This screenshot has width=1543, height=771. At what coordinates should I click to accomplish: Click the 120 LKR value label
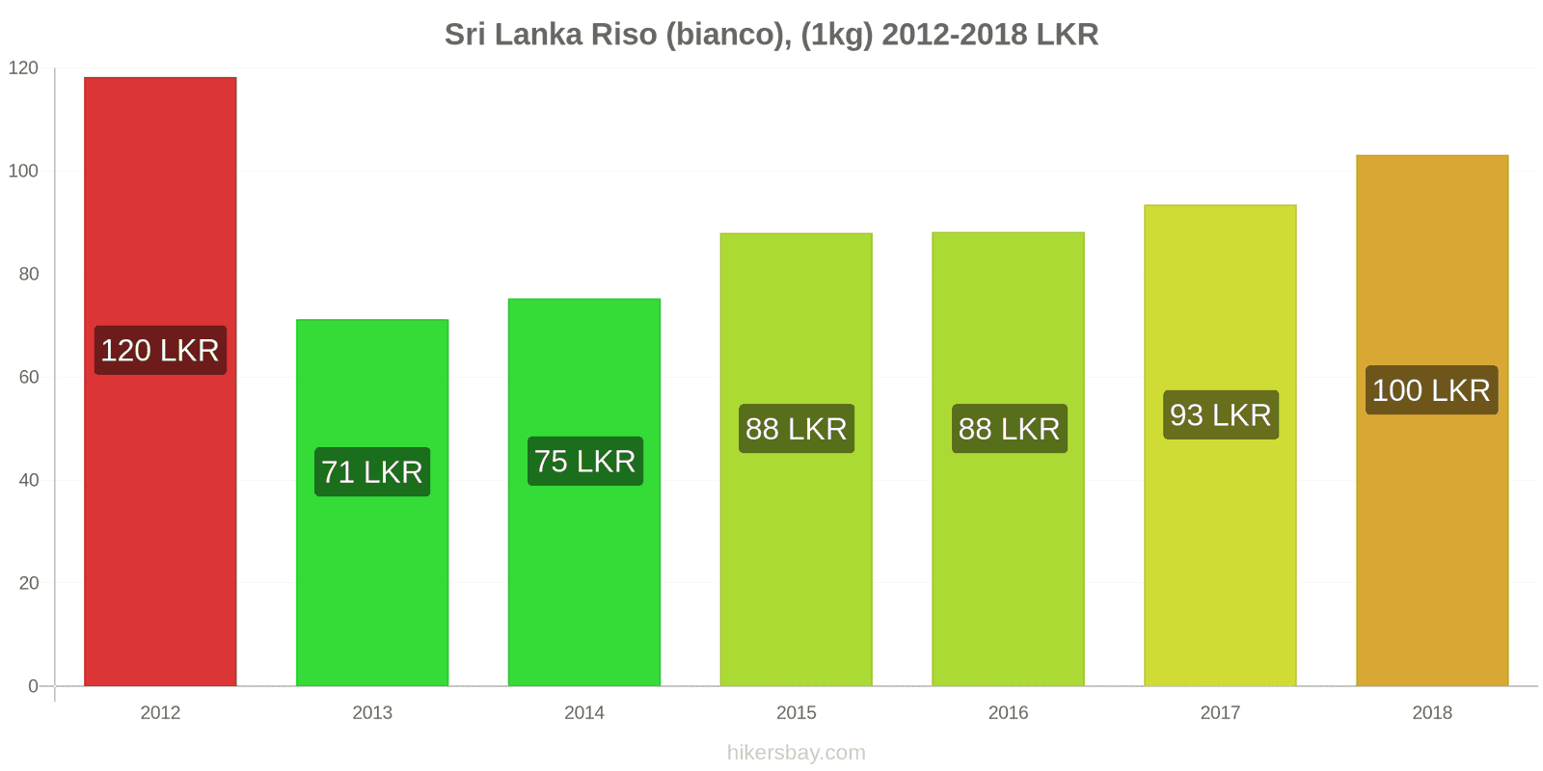coord(160,350)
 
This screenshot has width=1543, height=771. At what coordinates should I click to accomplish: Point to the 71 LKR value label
coord(372,472)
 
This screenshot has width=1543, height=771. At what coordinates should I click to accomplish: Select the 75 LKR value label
coord(584,462)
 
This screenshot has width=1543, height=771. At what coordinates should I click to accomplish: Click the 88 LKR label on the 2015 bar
coord(797,429)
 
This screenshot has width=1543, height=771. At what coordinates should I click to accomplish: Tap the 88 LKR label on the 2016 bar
coord(1009,429)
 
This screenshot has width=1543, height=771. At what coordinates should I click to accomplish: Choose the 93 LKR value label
coord(1220,415)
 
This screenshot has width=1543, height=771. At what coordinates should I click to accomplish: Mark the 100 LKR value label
coord(1431,390)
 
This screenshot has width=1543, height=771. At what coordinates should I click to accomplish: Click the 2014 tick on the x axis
coord(584,713)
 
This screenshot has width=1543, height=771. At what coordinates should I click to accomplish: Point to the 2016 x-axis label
coord(1008,713)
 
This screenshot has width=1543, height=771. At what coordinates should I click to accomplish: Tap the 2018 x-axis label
coord(1432,713)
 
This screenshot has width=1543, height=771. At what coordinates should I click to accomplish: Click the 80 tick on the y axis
coord(29,274)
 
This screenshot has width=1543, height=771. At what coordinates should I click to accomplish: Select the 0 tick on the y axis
coord(34,686)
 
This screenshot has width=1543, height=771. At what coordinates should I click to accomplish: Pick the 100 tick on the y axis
coord(24,171)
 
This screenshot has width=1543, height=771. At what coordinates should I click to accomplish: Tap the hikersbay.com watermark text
coord(797,753)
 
